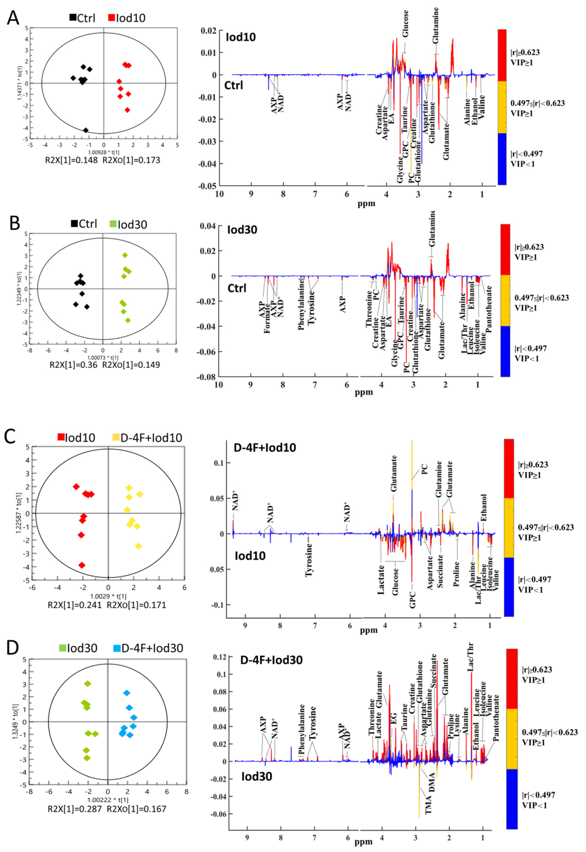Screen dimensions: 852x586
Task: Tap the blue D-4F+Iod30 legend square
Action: (117, 648)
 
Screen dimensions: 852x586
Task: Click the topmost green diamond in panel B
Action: (125, 255)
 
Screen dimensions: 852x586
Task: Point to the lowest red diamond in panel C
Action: (82, 565)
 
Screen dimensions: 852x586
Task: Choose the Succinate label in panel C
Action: (440, 571)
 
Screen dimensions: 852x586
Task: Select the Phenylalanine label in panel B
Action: (301, 309)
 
